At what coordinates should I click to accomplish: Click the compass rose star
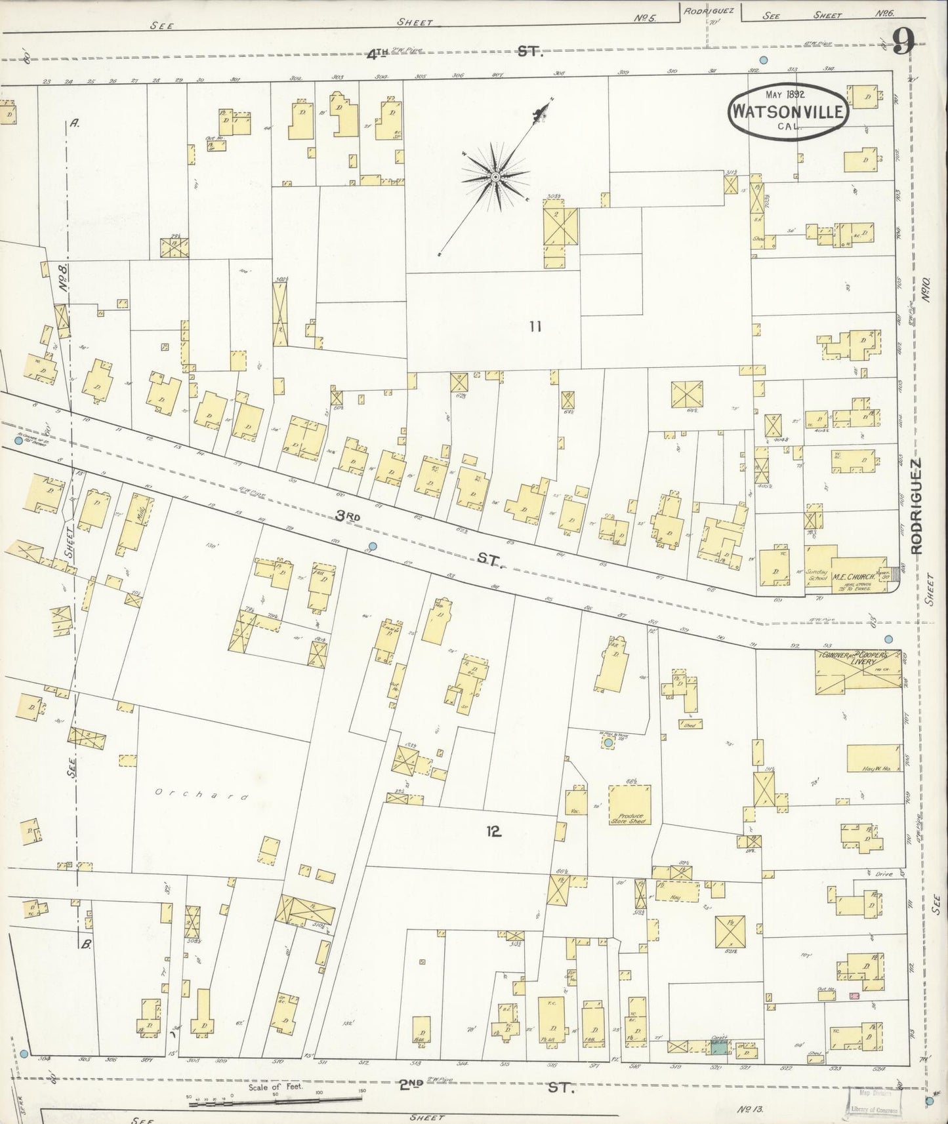(x=496, y=176)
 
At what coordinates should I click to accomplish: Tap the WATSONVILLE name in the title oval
(x=788, y=111)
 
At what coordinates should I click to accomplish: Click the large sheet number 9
(x=903, y=44)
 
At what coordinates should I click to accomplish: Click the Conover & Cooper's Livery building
(x=857, y=672)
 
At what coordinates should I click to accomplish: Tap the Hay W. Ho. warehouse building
(x=873, y=758)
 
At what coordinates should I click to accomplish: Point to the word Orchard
(x=202, y=795)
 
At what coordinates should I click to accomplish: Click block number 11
(x=535, y=326)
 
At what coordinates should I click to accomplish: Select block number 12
(x=494, y=832)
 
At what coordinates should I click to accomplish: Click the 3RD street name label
(x=348, y=517)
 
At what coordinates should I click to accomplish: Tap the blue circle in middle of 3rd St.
(x=373, y=546)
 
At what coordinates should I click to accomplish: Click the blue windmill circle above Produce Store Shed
(x=608, y=742)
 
